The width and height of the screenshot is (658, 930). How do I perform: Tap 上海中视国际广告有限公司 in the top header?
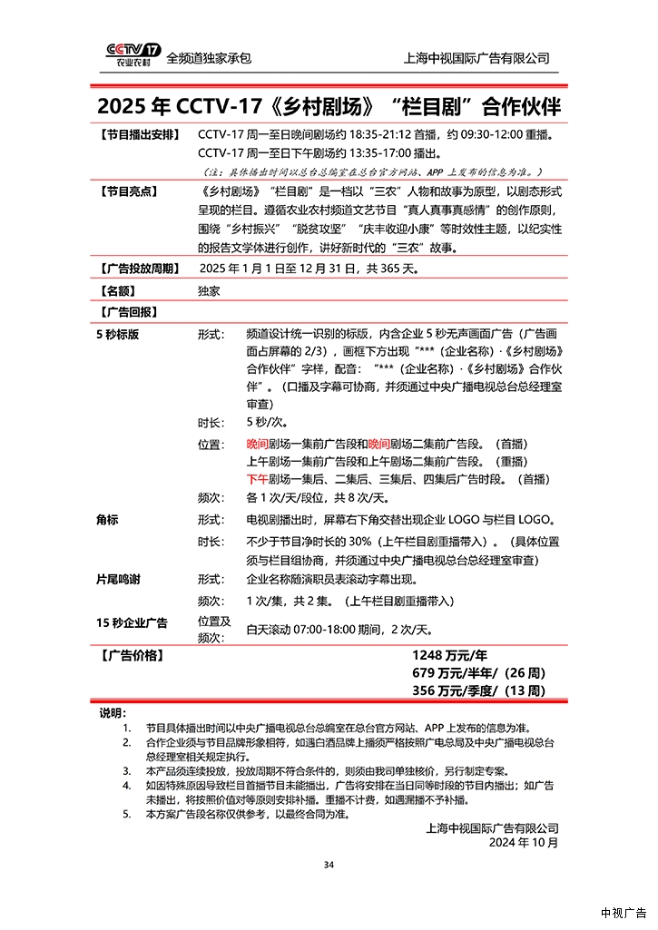tap(476, 58)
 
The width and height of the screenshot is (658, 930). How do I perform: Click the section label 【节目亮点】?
tap(126, 191)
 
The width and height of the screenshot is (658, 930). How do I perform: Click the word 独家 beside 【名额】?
tap(208, 291)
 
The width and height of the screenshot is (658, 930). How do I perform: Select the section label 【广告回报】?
tap(126, 312)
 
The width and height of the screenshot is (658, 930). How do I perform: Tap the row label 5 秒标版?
tap(118, 334)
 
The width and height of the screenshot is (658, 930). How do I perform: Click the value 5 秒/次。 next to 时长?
tap(267, 423)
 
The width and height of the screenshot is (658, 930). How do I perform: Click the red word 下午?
tap(257, 479)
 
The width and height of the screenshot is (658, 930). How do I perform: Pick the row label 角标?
tap(107, 521)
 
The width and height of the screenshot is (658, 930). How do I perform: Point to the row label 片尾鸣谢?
tap(118, 579)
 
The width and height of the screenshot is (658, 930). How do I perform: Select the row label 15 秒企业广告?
tap(132, 622)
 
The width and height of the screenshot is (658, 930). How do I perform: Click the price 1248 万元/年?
tap(450, 655)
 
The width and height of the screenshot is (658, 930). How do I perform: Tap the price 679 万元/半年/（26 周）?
tap(478, 673)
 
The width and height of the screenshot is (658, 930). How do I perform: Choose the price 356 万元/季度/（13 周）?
tap(478, 691)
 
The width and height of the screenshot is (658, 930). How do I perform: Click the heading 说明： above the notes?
tap(113, 713)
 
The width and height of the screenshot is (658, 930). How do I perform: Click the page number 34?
tap(329, 865)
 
